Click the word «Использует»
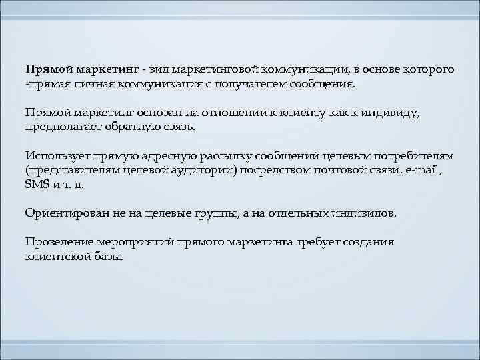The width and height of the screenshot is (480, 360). click(56, 155)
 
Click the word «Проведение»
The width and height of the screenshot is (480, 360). click(57, 243)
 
